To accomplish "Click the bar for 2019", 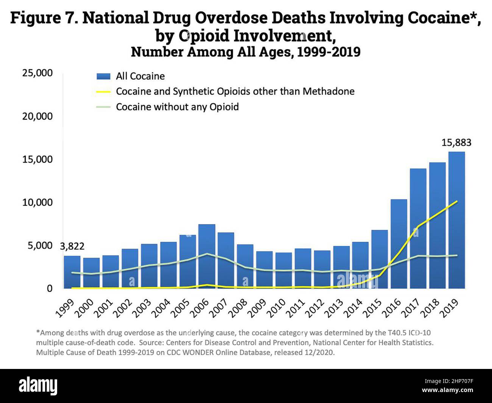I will tap(456, 220).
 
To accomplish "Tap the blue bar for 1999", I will tap(72, 272).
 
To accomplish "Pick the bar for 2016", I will tap(399, 244).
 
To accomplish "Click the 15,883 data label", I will tap(456, 143).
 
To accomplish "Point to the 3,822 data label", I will tap(72, 246).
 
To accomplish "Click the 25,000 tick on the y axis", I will tap(37, 73).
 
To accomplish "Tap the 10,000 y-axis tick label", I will tap(37, 202).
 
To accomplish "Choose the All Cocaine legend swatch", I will tap(103, 76).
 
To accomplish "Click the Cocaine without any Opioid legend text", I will tap(177, 107).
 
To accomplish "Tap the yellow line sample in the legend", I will tap(103, 92).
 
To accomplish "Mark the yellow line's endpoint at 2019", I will tap(457, 201).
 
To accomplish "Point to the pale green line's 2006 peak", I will tap(207, 254).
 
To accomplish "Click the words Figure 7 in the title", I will tap(44, 18).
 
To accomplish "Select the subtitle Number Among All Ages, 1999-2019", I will tap(246, 52).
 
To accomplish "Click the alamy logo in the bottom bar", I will tap(38, 386).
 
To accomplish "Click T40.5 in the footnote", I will tap(399, 333).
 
